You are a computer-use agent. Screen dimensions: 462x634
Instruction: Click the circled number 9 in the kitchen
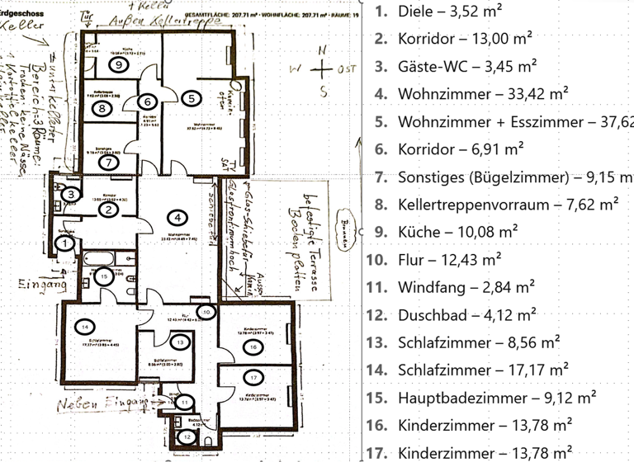tap(119, 64)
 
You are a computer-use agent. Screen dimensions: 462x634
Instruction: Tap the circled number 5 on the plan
tap(192, 97)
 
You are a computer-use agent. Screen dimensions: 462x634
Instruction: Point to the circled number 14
tap(85, 327)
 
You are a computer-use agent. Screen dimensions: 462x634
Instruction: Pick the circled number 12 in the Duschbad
tap(188, 436)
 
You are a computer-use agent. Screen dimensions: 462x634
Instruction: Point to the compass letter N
tap(322, 51)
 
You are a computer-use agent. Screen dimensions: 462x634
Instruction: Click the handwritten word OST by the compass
tap(347, 70)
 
